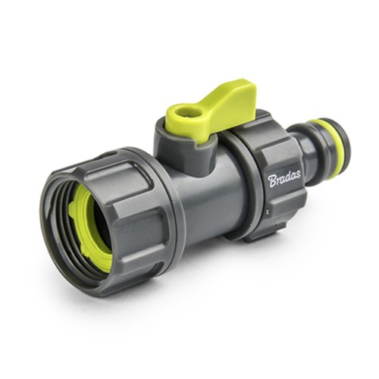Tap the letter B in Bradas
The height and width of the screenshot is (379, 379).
click(273, 182)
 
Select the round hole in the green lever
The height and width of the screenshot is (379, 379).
click(181, 111)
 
